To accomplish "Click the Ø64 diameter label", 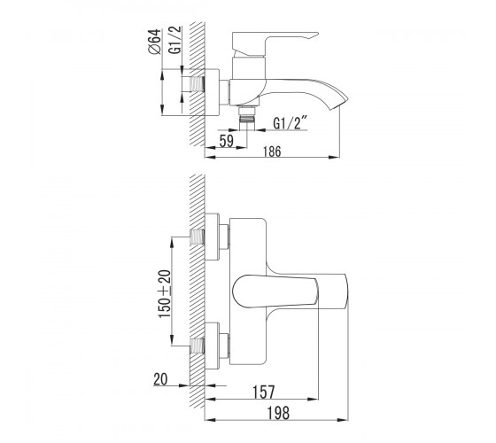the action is click(154, 42).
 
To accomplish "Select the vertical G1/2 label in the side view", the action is click(175, 40).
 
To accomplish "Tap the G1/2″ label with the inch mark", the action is click(291, 123).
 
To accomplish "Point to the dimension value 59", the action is click(227, 141).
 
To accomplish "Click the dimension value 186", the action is click(273, 152).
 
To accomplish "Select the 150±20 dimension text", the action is click(165, 293).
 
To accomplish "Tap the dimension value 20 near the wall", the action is click(160, 379).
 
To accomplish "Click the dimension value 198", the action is click(278, 413).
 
